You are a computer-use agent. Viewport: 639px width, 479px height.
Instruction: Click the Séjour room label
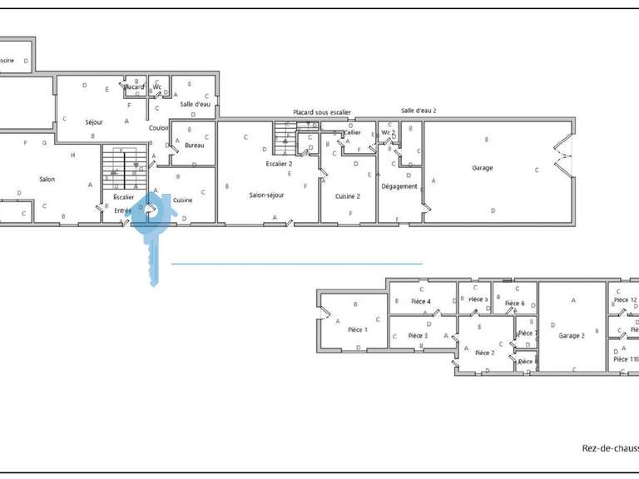click(94, 121)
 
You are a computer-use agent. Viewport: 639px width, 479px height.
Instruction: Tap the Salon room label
click(47, 180)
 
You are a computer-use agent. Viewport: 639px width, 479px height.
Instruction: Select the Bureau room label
click(194, 146)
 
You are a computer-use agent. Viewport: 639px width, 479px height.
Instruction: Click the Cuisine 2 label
click(347, 196)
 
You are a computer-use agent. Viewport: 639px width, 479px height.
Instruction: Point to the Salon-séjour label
click(267, 195)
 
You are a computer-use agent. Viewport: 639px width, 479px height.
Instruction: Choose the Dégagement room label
click(399, 186)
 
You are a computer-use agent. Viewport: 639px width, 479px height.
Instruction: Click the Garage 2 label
click(572, 336)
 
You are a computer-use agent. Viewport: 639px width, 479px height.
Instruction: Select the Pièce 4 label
click(421, 301)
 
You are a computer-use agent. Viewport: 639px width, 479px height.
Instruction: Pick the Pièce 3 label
click(418, 336)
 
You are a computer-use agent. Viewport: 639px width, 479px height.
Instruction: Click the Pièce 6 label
click(514, 304)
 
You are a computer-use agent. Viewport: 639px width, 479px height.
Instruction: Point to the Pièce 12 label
click(625, 299)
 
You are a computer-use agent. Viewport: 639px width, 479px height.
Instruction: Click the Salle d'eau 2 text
click(419, 111)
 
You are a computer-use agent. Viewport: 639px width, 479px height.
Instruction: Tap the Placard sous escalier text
click(321, 112)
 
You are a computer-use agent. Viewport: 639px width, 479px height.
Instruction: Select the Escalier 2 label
click(279, 164)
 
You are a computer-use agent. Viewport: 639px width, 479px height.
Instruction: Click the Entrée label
click(123, 211)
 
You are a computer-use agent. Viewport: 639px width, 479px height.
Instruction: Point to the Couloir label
click(159, 128)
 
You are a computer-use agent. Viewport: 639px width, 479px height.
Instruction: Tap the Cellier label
click(354, 132)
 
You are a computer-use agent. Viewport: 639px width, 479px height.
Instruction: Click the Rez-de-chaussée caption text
click(609, 448)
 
